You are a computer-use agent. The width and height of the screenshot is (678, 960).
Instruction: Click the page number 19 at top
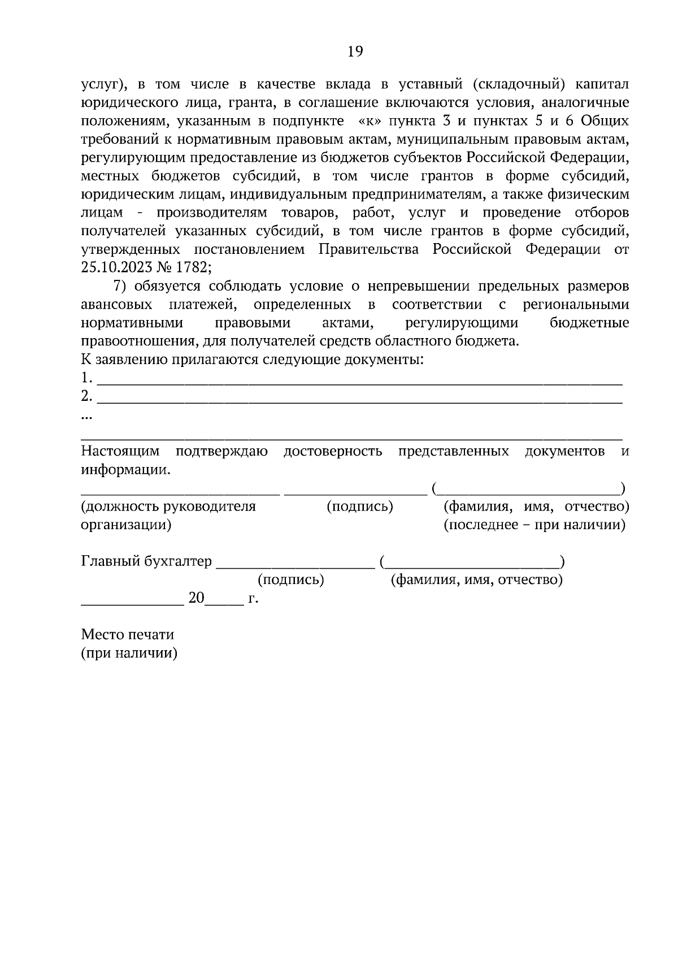[355, 52]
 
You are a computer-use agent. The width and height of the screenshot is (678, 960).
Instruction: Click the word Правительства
[369, 249]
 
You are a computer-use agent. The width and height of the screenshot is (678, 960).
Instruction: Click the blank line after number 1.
[360, 383]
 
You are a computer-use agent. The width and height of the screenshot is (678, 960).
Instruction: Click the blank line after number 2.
[360, 401]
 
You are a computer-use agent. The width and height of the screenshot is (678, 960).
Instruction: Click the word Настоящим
[120, 451]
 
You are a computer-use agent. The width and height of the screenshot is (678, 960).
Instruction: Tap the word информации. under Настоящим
[125, 470]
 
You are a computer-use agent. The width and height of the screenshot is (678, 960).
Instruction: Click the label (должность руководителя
[168, 507]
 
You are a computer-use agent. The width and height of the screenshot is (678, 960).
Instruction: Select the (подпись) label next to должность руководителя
[360, 507]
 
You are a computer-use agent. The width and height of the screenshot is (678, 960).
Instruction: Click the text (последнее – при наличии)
[534, 525]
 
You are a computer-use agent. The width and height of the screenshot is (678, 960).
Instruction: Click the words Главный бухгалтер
[147, 561]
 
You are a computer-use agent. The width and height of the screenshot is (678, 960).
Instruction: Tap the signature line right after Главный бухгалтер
[295, 567]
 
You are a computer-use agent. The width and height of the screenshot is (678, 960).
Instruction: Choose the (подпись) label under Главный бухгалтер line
[290, 580]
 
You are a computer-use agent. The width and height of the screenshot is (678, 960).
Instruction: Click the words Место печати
[128, 635]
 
